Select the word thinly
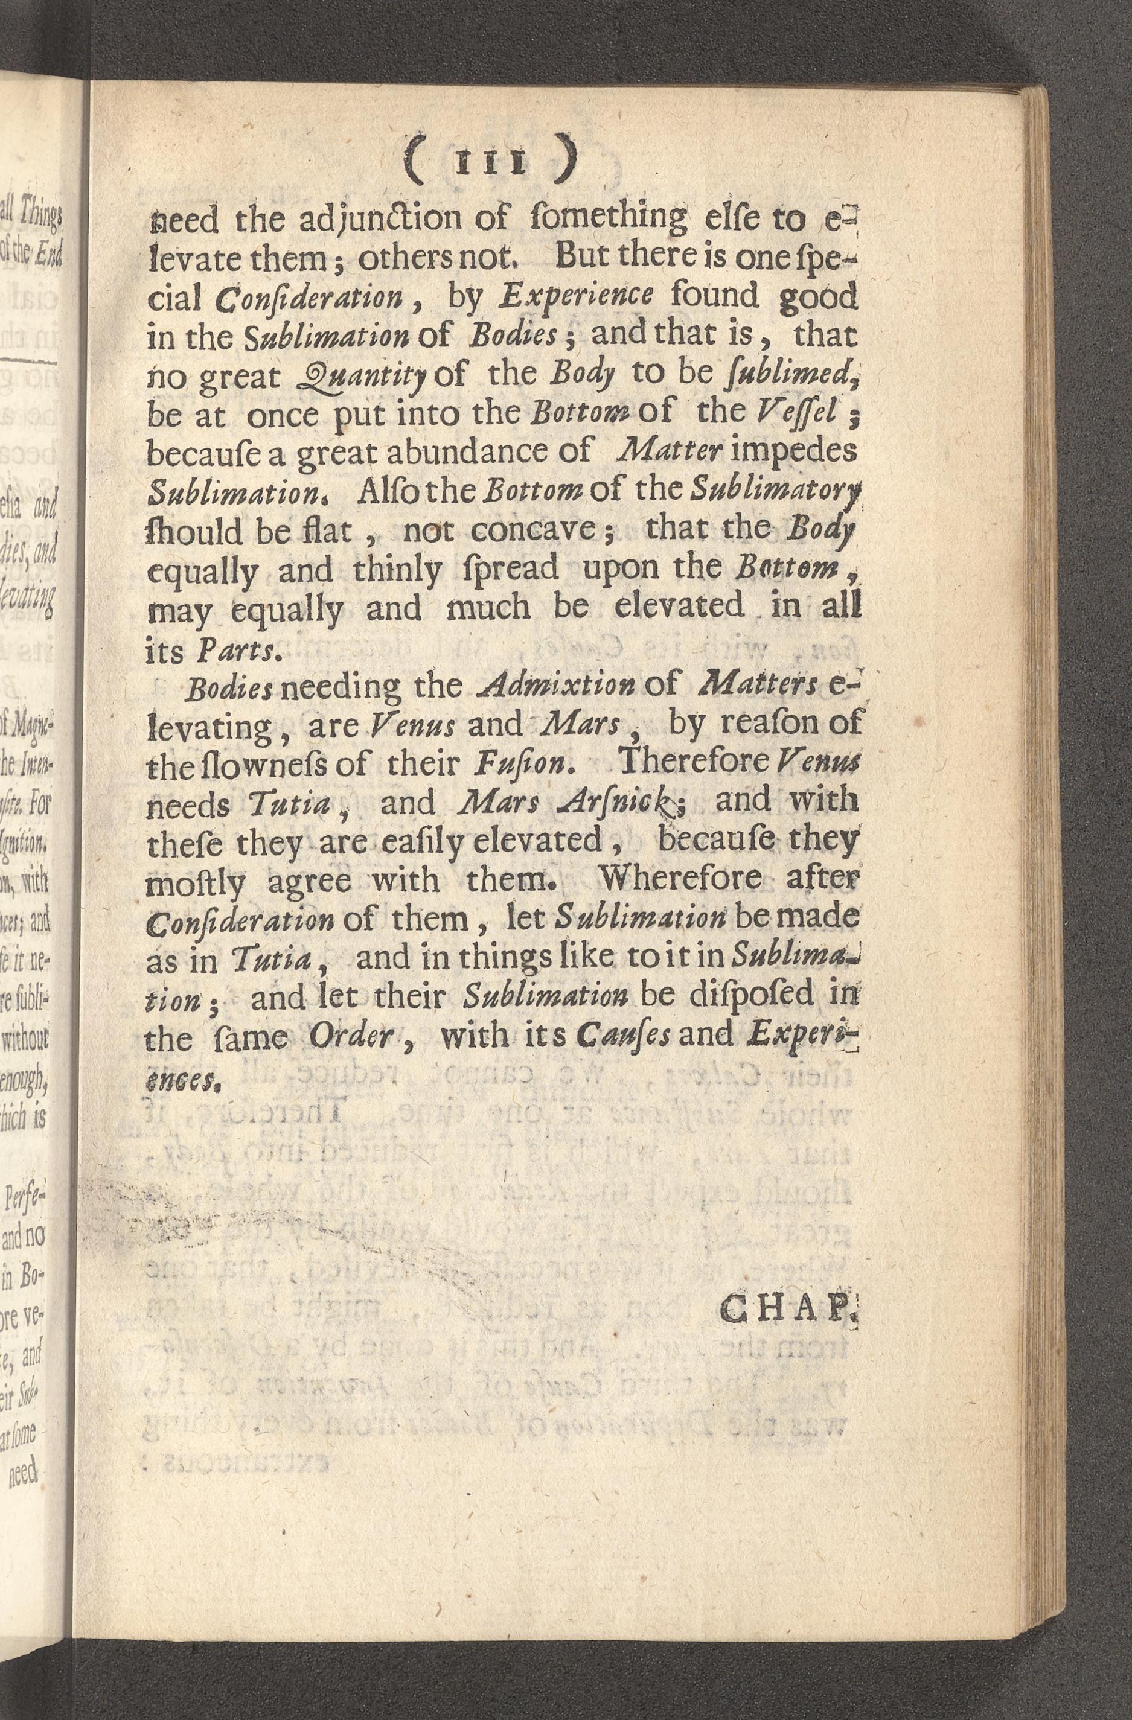[x=396, y=570]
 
